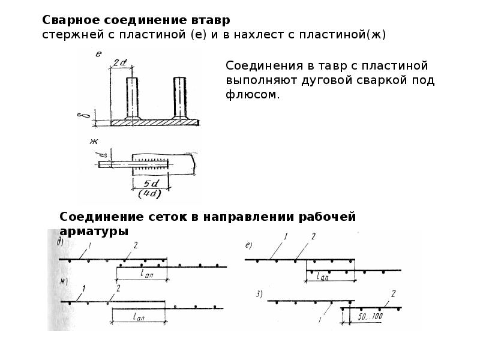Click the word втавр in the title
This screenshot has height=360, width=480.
211,20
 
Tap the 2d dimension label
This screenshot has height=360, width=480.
120,63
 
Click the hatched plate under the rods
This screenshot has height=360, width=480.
155,122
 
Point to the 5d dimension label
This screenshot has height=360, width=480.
151,184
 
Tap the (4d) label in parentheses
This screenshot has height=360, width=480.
149,194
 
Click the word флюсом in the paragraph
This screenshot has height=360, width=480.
253,95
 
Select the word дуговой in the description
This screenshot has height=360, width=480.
326,80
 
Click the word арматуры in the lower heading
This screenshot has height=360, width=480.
94,231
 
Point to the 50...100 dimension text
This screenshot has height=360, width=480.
370,316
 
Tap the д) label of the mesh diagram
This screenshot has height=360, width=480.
61,242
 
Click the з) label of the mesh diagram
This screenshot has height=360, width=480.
259,295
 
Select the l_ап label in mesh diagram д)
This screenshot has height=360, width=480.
146,274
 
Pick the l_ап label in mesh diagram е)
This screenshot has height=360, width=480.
323,277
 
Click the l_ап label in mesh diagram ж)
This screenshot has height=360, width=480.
139,316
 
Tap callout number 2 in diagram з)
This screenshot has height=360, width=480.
394,294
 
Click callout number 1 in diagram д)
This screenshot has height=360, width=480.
89,245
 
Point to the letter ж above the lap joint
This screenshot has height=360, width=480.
94,142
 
